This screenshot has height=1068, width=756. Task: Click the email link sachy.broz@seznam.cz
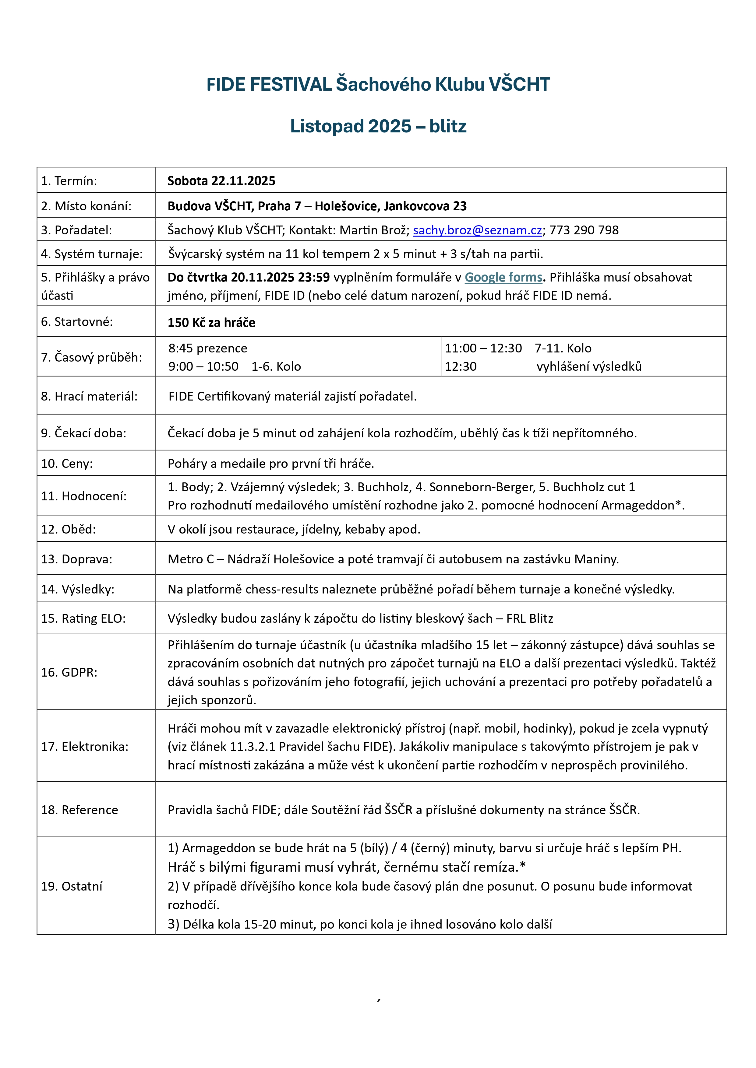(x=477, y=230)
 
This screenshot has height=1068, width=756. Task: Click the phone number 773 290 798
(x=584, y=230)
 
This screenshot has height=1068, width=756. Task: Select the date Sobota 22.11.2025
(x=221, y=181)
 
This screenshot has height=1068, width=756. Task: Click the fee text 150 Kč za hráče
(x=211, y=323)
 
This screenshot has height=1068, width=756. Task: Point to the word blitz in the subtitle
(x=447, y=126)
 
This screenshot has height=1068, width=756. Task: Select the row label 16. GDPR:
(x=69, y=672)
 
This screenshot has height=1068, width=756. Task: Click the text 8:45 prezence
(x=208, y=348)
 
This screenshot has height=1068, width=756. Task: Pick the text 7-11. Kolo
(x=563, y=348)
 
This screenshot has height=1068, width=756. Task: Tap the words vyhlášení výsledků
(x=589, y=366)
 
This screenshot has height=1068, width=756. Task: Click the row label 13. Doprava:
(x=76, y=559)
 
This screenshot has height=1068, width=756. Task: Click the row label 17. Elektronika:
(x=84, y=747)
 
